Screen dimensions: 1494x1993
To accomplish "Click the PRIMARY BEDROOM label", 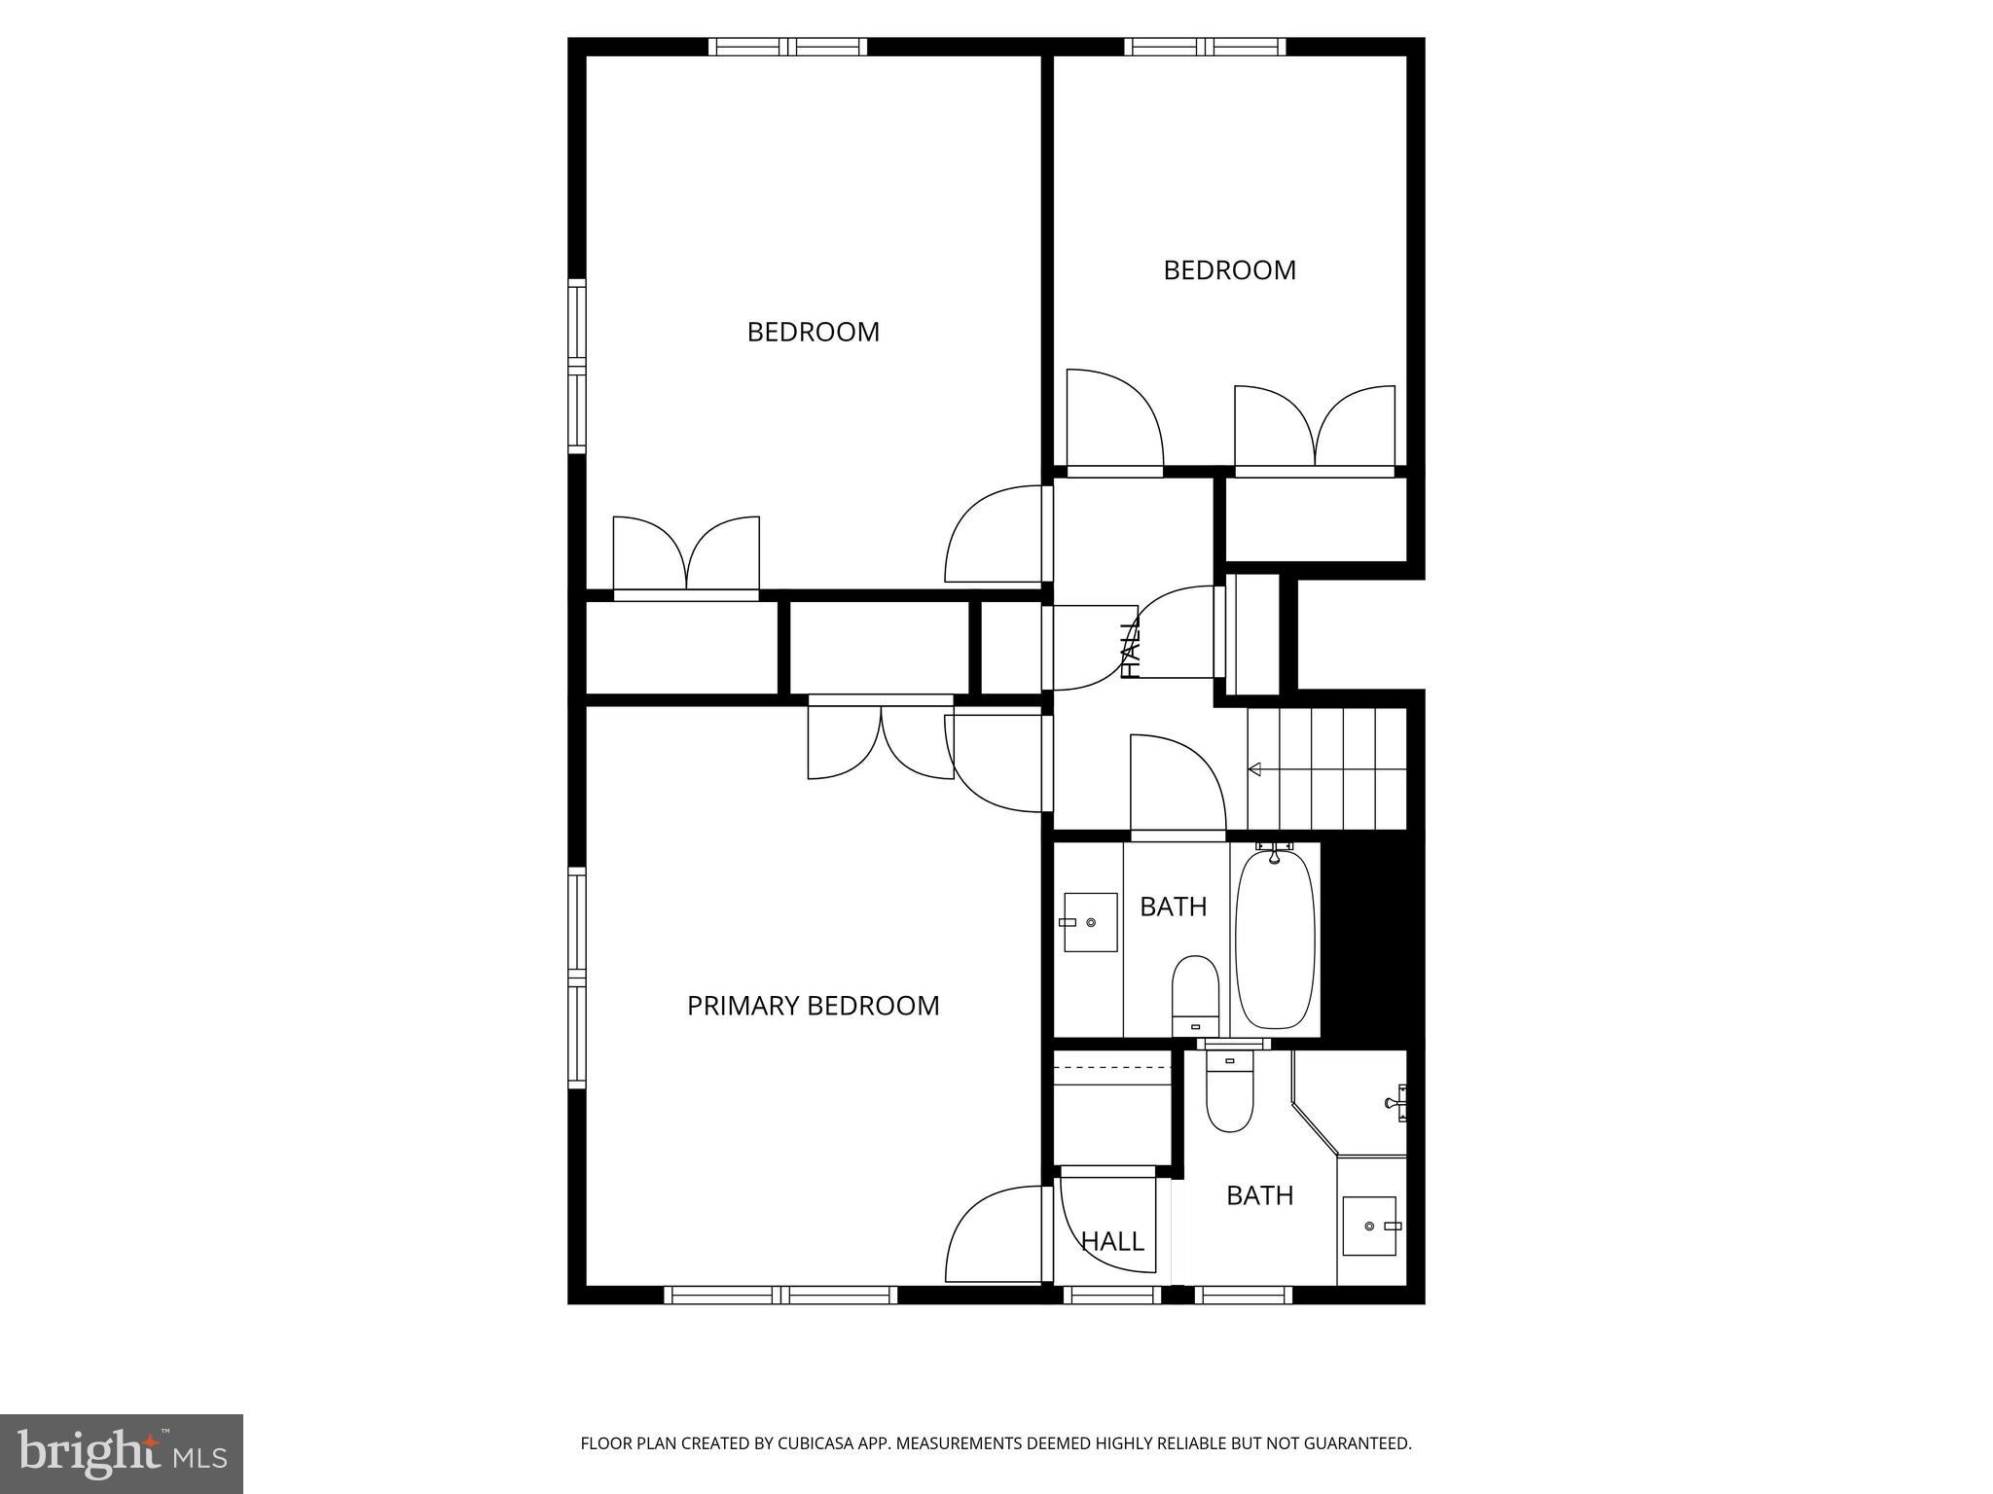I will tap(813, 1006).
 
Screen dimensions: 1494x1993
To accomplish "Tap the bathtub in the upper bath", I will tap(1275, 939).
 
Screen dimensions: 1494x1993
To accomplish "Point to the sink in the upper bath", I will tap(1089, 921).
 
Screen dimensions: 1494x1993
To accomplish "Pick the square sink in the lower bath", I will tap(1370, 1226).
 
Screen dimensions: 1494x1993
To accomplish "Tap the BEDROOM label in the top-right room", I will tap(1229, 270).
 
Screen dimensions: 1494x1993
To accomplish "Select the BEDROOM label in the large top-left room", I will tap(813, 333).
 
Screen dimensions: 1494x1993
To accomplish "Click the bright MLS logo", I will tap(122, 1453).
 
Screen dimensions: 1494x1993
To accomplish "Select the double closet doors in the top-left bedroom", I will tap(686, 554).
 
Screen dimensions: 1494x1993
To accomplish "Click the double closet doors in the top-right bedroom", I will tap(1315, 428).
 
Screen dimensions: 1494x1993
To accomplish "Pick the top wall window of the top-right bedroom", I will tap(1205, 47).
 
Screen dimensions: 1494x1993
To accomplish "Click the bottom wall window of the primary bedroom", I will tap(780, 1295).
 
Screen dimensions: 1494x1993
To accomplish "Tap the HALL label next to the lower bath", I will tap(1112, 1241).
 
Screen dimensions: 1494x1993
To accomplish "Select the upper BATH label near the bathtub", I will tap(1173, 907).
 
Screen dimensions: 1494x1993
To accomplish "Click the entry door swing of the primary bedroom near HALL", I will tap(993, 1235).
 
